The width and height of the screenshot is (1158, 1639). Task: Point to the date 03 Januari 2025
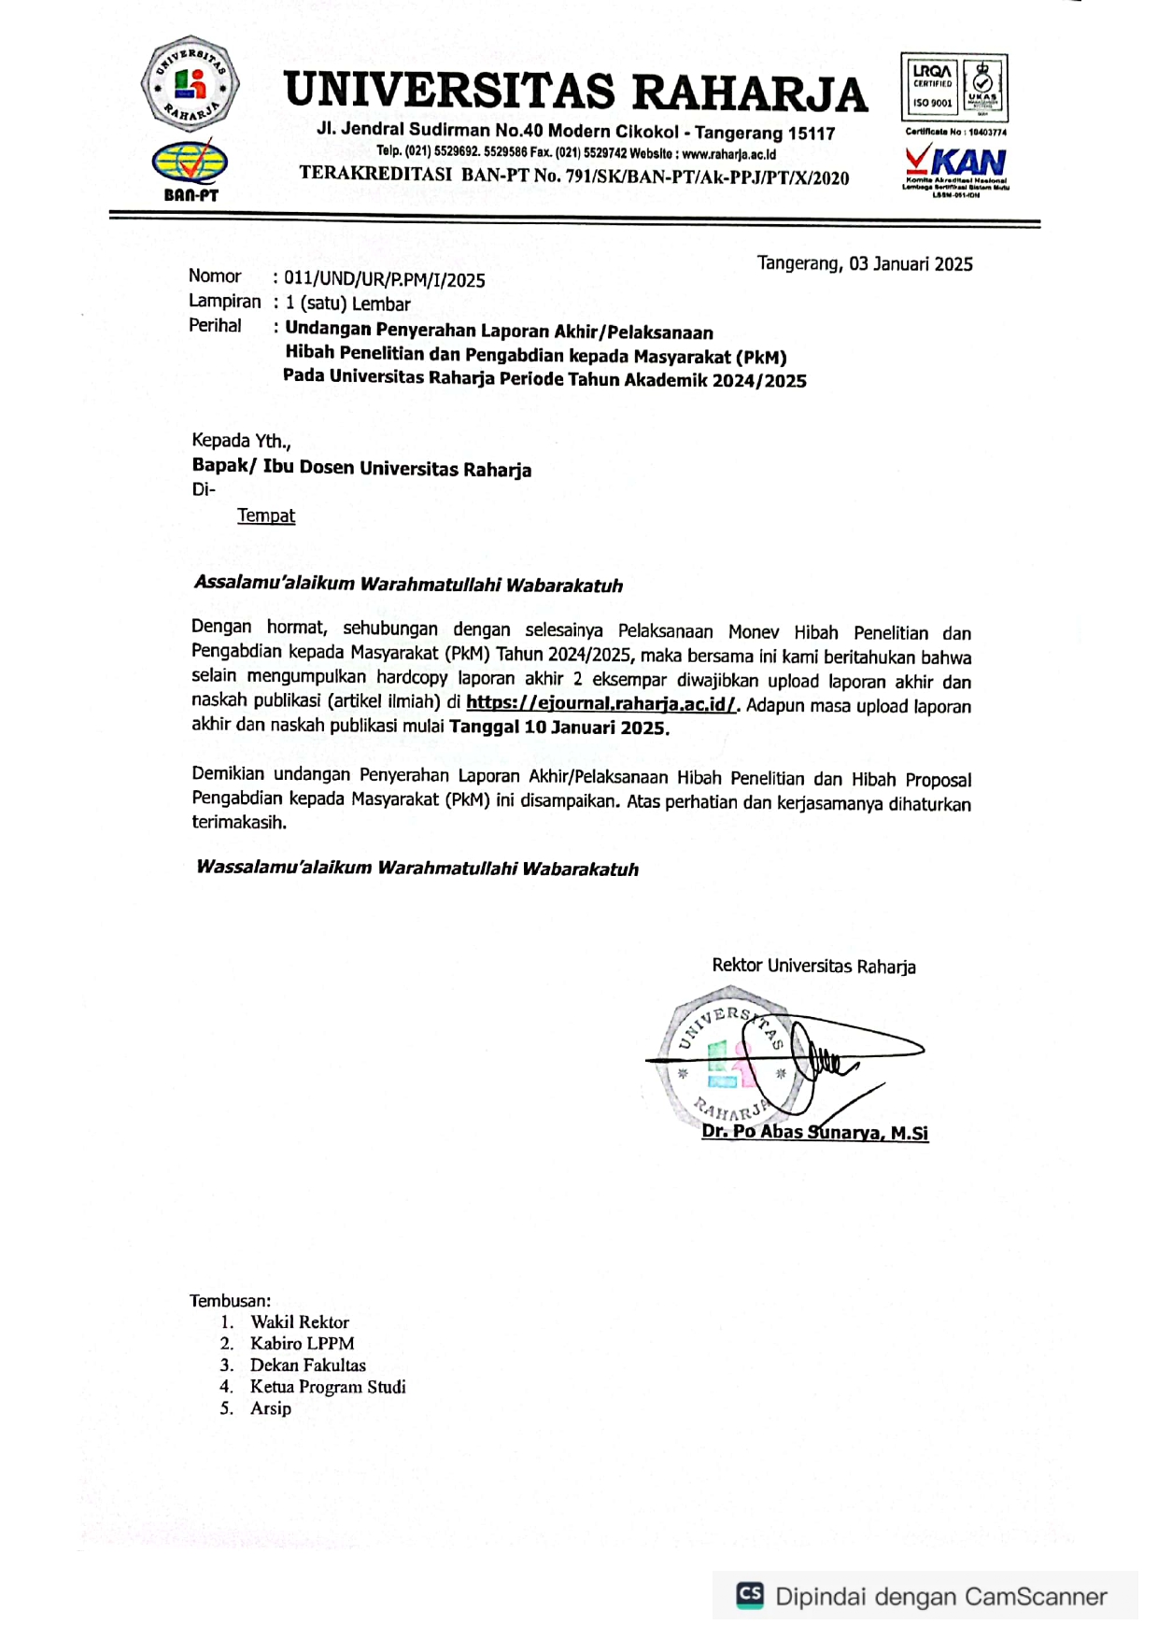point(911,264)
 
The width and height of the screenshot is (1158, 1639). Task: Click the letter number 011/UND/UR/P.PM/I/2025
point(385,279)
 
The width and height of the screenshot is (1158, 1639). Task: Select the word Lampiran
point(224,302)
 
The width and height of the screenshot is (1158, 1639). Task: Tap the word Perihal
point(215,326)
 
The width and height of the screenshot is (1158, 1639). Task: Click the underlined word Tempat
point(266,516)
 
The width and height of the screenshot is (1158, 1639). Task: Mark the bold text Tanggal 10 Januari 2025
point(558,728)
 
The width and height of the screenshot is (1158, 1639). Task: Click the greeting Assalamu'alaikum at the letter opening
point(275,583)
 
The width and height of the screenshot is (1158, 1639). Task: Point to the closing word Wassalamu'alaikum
point(284,867)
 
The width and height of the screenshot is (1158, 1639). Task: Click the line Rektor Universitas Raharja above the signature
point(813,966)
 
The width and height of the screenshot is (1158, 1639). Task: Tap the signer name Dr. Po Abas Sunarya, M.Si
point(814,1133)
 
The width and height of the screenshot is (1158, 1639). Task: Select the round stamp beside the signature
point(728,1065)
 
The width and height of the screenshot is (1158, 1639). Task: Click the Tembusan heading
point(230,1301)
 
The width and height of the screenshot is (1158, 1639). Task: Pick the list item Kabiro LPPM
point(302,1344)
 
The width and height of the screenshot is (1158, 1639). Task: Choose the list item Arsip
point(271,1408)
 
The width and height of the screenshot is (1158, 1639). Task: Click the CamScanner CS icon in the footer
point(750,1594)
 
